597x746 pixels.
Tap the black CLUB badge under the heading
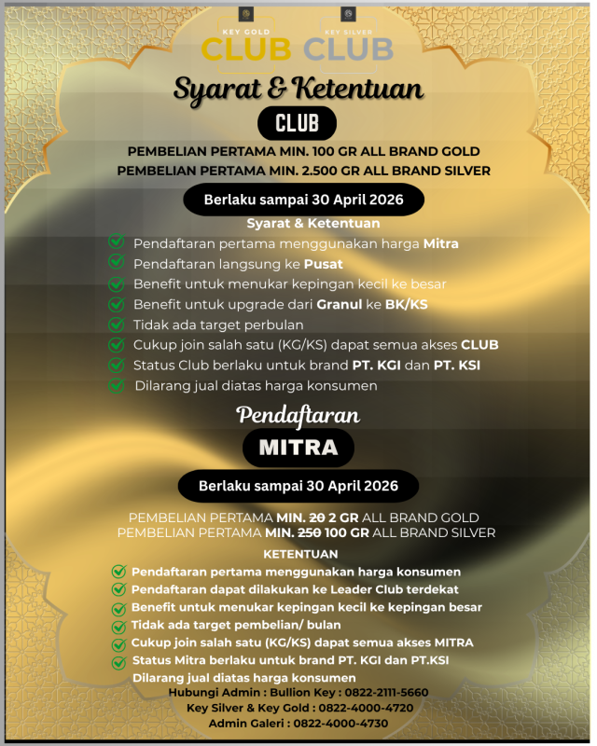[297, 123]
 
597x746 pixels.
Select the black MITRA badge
[298, 448]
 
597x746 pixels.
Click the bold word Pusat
[325, 264]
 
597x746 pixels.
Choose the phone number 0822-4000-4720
[356, 708]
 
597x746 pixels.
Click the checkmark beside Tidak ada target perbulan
[116, 325]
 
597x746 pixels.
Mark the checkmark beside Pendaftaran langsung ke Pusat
[116, 264]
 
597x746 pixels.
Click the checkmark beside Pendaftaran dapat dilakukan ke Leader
[118, 589]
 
